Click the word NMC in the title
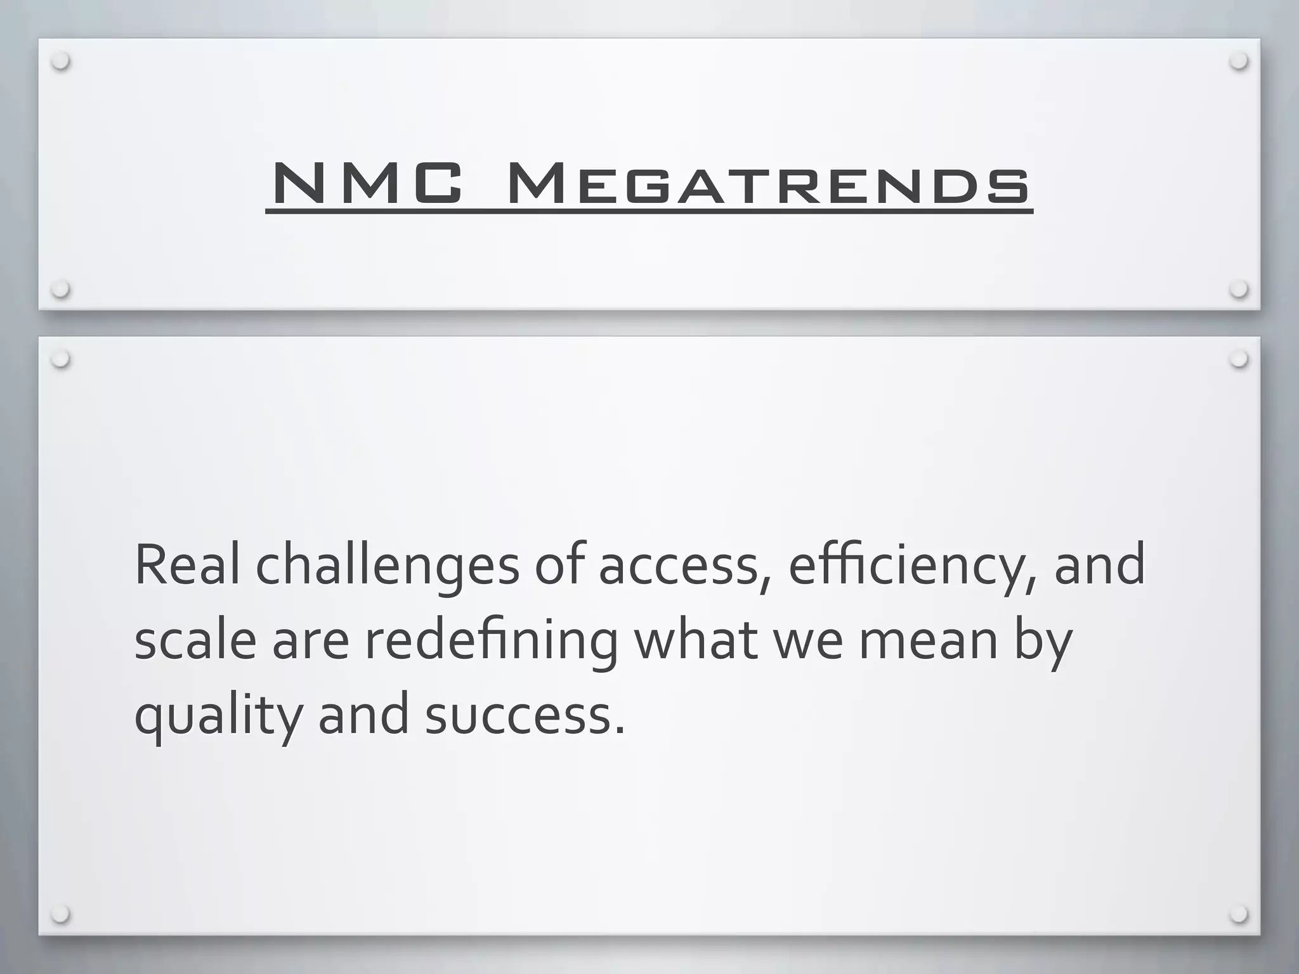(367, 184)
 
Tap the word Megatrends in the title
(769, 184)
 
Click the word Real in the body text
(187, 564)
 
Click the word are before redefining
(311, 642)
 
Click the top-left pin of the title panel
(61, 62)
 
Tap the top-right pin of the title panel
(1238, 62)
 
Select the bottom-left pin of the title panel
(61, 289)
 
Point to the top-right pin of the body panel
(1238, 360)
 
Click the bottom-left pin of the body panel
(61, 914)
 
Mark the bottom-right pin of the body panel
(1238, 914)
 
